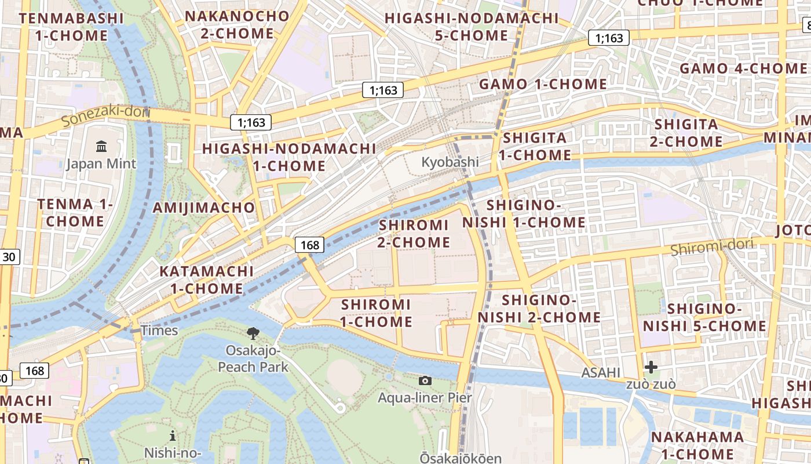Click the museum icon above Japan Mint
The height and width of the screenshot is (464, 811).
tap(102, 146)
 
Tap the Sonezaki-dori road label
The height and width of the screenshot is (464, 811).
tap(105, 115)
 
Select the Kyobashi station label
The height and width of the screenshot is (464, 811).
tap(450, 162)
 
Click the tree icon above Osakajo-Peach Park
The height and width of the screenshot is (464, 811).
tap(253, 333)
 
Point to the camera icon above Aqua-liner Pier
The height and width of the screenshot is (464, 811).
tap(425, 380)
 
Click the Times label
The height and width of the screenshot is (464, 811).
tap(159, 331)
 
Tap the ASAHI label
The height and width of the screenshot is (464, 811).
tap(601, 372)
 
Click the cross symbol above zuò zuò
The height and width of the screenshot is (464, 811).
tap(651, 367)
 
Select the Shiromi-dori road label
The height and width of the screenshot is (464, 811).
tap(712, 247)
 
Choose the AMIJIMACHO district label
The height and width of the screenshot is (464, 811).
tap(203, 208)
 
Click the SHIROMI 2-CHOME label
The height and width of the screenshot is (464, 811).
tap(414, 233)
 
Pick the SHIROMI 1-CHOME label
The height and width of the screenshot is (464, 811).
tap(377, 313)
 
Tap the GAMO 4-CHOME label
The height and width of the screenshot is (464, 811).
tap(743, 68)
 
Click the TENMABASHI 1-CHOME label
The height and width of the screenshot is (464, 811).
tap(71, 27)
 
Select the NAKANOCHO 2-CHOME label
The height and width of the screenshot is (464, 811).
tap(237, 24)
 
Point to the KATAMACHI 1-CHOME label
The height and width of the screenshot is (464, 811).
tap(206, 280)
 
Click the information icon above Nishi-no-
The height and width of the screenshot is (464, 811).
tap(172, 436)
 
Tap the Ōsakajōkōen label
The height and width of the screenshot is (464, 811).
tap(461, 458)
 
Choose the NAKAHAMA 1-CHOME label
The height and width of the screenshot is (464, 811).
tap(697, 445)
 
